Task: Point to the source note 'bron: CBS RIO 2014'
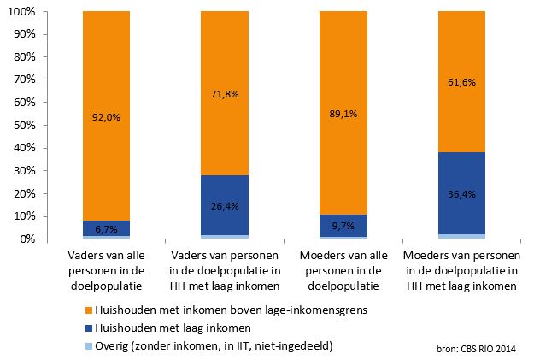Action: (481, 347)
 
